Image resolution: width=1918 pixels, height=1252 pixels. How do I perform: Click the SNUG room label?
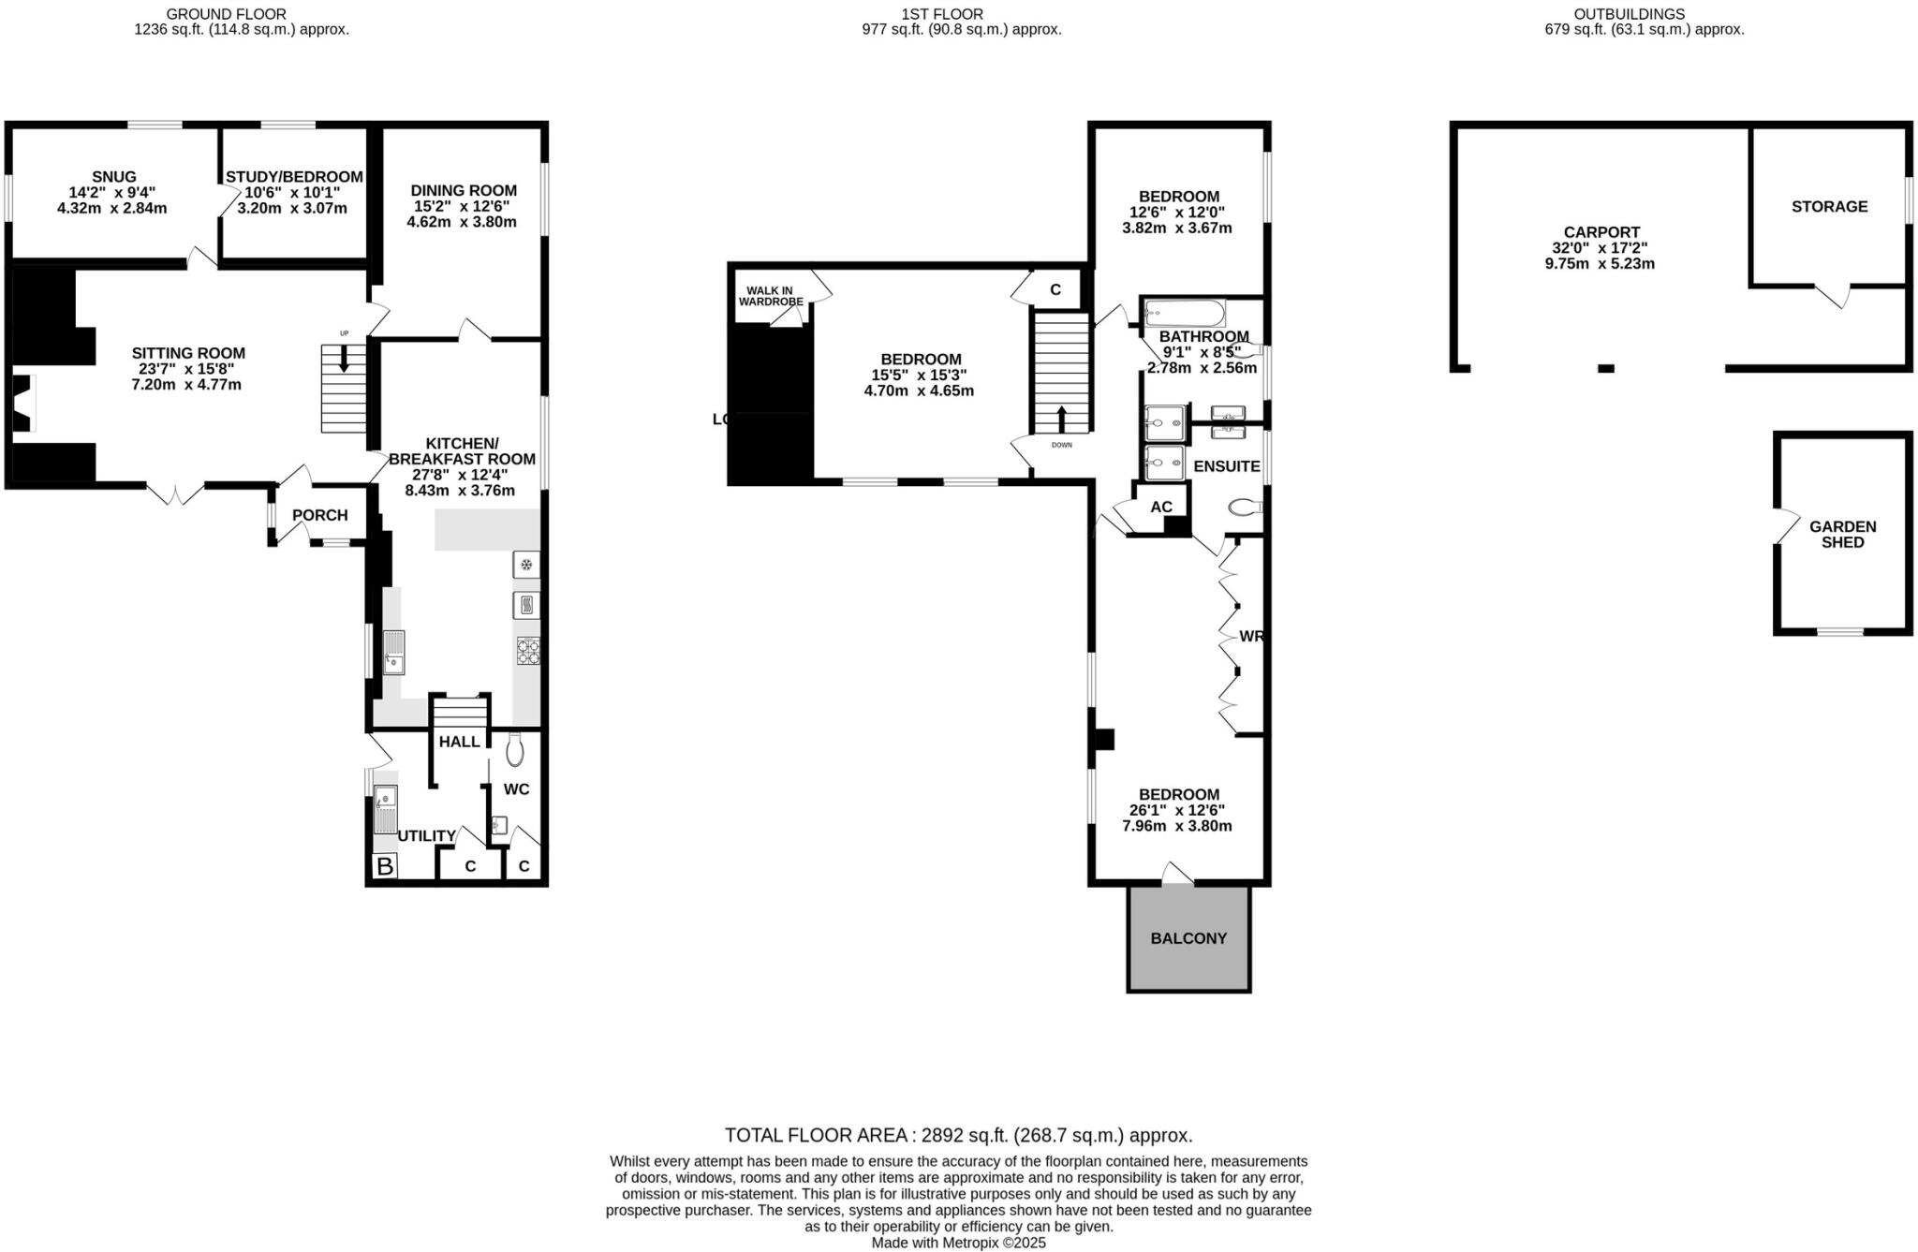(x=113, y=176)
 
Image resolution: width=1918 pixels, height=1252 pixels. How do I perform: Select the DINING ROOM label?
(x=463, y=190)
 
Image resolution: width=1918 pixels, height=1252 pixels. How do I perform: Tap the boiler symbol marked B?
(x=384, y=866)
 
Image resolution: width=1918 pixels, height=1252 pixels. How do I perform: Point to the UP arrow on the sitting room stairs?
(x=344, y=357)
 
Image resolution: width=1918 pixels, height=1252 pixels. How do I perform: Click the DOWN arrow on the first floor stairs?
(x=1060, y=418)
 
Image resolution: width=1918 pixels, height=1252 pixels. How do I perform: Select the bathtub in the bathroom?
(x=1185, y=312)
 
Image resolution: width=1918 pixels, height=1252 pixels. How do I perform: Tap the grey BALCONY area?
(x=1188, y=938)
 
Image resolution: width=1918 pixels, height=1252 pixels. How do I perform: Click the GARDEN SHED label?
(x=1842, y=534)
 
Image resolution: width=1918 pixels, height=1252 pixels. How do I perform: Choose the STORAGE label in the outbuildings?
(x=1829, y=206)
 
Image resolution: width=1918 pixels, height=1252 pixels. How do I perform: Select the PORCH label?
(x=319, y=515)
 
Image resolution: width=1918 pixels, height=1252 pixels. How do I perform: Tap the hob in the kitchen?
(x=527, y=650)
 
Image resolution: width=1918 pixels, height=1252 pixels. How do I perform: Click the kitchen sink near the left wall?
(x=393, y=653)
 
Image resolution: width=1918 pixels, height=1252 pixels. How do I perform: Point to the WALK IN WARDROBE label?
(x=771, y=296)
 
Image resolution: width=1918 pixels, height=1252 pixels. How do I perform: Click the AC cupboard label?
(x=1160, y=507)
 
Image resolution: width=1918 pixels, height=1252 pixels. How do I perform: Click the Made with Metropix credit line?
(x=958, y=1243)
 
